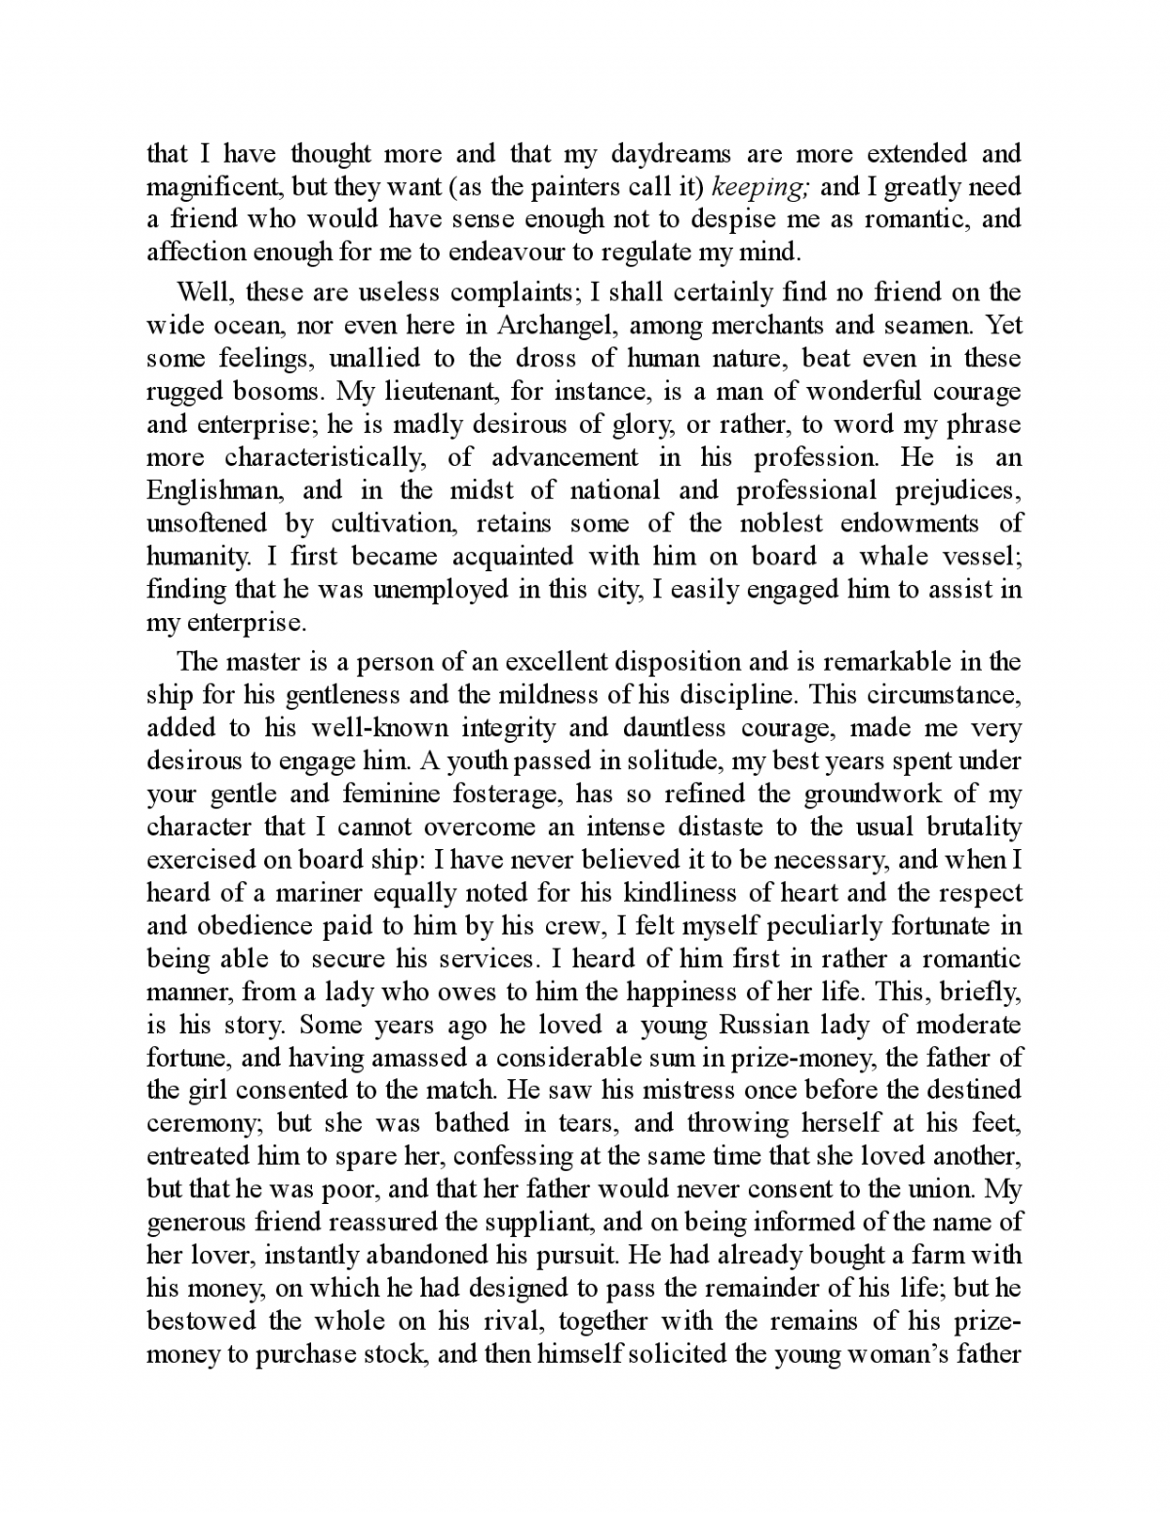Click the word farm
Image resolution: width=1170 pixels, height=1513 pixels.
click(x=902, y=1255)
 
